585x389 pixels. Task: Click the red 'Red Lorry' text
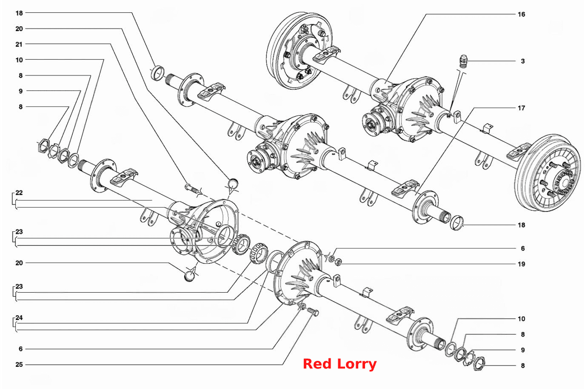[340, 364]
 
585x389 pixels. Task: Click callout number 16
[521, 14]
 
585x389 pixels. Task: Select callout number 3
[522, 61]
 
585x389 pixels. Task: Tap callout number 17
[521, 108]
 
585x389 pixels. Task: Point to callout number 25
[19, 364]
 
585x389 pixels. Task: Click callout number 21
[19, 44]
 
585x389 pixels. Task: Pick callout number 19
[521, 264]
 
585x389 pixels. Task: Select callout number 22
[19, 193]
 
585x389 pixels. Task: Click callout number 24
[19, 317]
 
